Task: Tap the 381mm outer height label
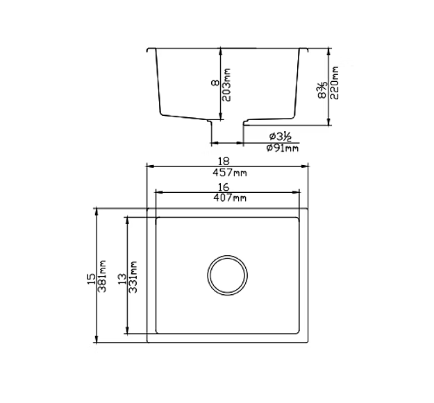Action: [x=102, y=275]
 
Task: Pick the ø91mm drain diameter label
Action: [x=282, y=148]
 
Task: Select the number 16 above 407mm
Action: [x=224, y=187]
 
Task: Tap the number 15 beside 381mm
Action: [x=91, y=277]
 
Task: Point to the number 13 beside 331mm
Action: [x=122, y=278]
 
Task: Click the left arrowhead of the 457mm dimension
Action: [x=149, y=166]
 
